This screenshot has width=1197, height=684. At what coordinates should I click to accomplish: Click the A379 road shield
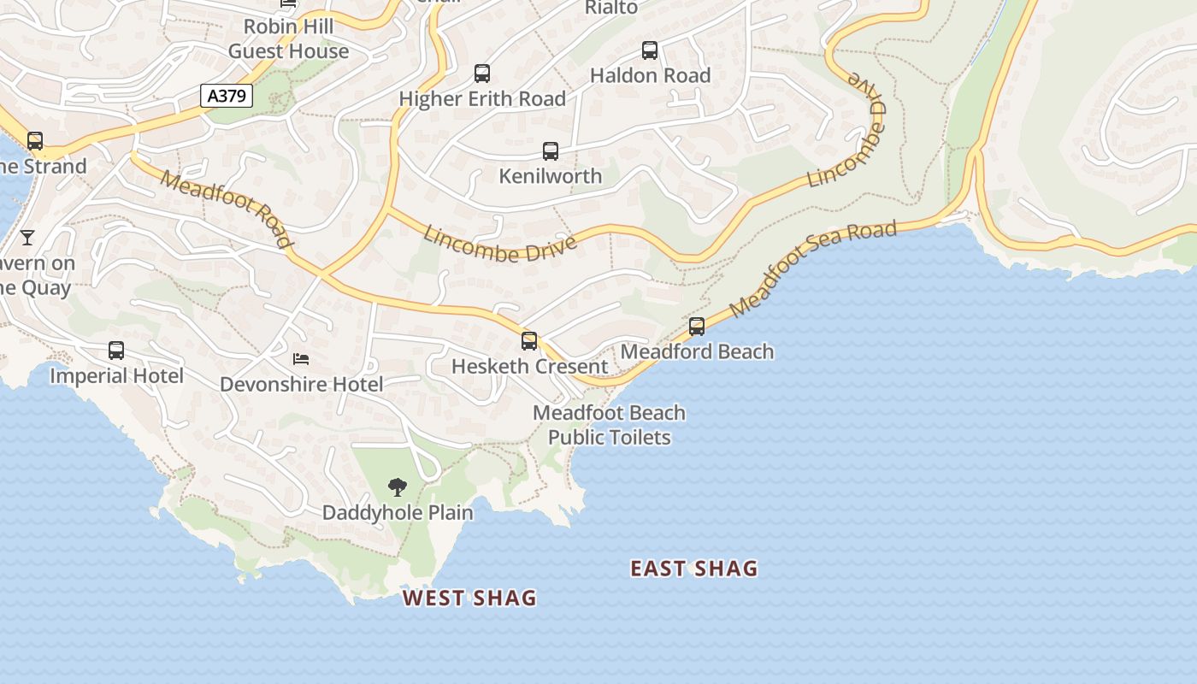pyautogui.click(x=227, y=96)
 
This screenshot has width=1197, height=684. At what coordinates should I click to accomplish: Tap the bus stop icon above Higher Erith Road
pyautogui.click(x=482, y=74)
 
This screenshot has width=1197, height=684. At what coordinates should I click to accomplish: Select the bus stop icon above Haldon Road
pyautogui.click(x=650, y=50)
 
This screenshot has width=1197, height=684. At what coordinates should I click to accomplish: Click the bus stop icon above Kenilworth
pyautogui.click(x=551, y=151)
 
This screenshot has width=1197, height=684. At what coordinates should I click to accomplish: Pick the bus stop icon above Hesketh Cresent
pyautogui.click(x=529, y=341)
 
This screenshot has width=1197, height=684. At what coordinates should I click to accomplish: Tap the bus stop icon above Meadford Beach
pyautogui.click(x=697, y=327)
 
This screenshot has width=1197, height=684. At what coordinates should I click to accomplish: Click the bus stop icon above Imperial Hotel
pyautogui.click(x=116, y=351)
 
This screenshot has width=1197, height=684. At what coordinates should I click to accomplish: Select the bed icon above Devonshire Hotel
pyautogui.click(x=301, y=358)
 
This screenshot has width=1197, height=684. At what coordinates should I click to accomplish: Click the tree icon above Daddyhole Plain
pyautogui.click(x=397, y=487)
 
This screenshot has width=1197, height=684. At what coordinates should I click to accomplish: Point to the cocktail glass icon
pyautogui.click(x=27, y=237)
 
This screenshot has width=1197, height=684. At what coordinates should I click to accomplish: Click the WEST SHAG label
pyautogui.click(x=469, y=598)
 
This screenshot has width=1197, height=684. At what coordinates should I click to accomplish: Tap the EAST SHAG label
pyautogui.click(x=693, y=569)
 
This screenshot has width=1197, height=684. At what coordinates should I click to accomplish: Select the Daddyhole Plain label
pyautogui.click(x=398, y=513)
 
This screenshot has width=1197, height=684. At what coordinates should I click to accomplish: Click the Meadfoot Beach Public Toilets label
pyautogui.click(x=609, y=425)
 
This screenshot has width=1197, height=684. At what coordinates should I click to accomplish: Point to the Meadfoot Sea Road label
pyautogui.click(x=813, y=268)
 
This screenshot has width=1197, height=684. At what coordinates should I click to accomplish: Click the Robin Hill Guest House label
pyautogui.click(x=288, y=38)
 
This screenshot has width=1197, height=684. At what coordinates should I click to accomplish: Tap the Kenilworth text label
pyautogui.click(x=551, y=176)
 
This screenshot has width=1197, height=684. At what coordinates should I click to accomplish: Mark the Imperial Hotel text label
pyautogui.click(x=116, y=376)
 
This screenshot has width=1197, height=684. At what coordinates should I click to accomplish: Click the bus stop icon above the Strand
pyautogui.click(x=35, y=141)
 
